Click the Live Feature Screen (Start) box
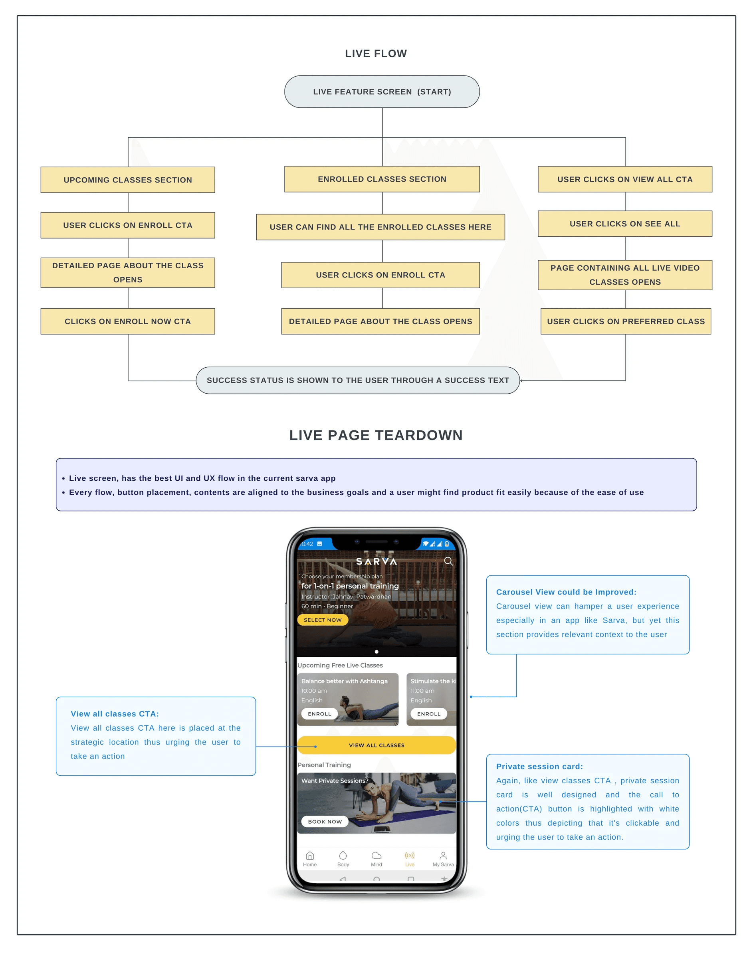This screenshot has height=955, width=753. (382, 92)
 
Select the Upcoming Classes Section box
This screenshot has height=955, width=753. (128, 180)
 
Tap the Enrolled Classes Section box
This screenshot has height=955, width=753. (382, 179)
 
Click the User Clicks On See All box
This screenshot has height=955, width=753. (625, 224)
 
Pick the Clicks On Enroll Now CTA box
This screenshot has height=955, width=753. (128, 321)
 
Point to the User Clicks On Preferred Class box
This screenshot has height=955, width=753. (626, 321)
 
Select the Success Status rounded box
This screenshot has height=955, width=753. (358, 380)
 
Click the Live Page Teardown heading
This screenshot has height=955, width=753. (376, 435)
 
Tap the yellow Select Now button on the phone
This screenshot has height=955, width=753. (323, 620)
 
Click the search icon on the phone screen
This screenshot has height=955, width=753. (448, 561)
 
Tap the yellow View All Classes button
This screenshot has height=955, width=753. (376, 745)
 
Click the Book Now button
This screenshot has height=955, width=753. (325, 821)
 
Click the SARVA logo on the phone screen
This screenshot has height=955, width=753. (376, 561)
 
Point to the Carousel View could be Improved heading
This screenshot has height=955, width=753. (566, 592)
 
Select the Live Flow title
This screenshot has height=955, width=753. (376, 53)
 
